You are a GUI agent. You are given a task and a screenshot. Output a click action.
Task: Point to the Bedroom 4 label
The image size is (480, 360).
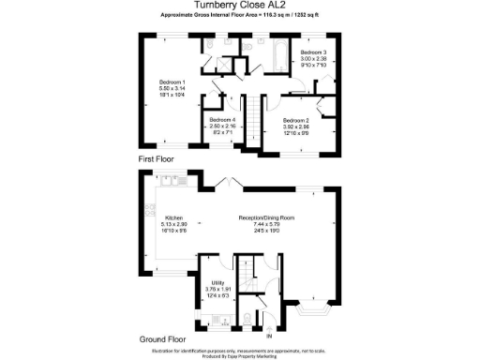(221, 126)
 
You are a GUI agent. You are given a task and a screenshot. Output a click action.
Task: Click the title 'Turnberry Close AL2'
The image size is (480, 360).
(239, 5)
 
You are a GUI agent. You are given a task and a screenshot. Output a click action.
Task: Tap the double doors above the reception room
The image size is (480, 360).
(225, 181)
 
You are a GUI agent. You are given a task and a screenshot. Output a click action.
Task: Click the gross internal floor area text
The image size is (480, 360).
(239, 16)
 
